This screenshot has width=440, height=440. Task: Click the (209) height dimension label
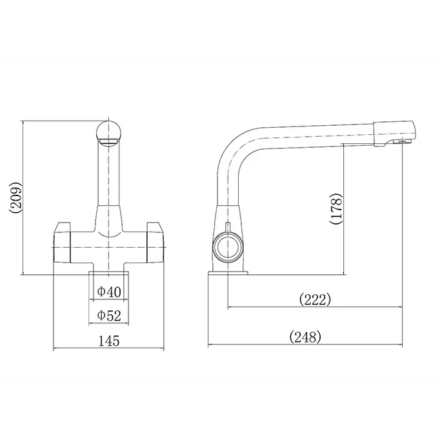point(15,197)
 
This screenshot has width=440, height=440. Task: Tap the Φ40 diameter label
point(109,292)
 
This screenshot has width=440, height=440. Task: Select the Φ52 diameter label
point(109,315)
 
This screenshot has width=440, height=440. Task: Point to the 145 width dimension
point(109,341)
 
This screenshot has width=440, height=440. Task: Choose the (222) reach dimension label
point(315,299)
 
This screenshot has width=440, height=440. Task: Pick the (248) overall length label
point(305,337)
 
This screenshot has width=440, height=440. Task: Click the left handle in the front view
point(62,243)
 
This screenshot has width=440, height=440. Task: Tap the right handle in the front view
point(155,243)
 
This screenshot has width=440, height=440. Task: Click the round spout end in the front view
point(108,133)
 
